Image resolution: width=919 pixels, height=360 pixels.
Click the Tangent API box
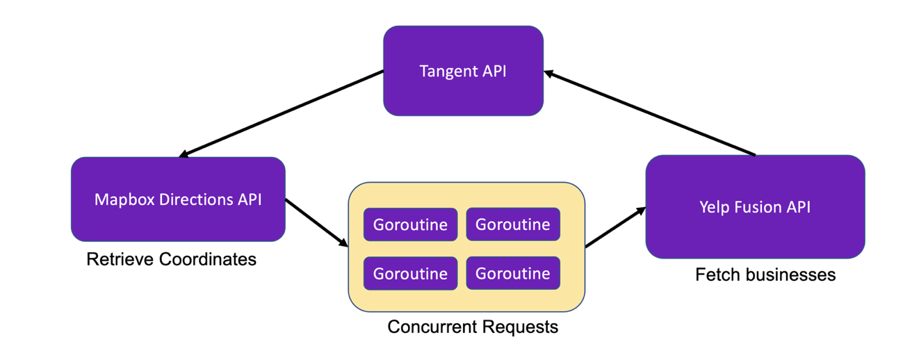pyautogui.click(x=463, y=71)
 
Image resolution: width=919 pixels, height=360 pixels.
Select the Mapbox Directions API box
pyautogui.click(x=178, y=199)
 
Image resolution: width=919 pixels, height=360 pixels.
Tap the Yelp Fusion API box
pyautogui.click(x=755, y=206)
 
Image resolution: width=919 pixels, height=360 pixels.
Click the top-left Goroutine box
pyautogui.click(x=410, y=224)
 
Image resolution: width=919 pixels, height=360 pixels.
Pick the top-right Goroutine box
pyautogui.click(x=512, y=224)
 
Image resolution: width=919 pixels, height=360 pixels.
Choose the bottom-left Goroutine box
pyautogui.click(x=410, y=273)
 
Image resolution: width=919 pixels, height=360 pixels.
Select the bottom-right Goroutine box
pyautogui.click(x=512, y=273)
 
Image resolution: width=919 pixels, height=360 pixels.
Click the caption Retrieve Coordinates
pyautogui.click(x=171, y=259)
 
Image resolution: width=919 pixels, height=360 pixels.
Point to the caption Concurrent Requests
pyautogui.click(x=473, y=326)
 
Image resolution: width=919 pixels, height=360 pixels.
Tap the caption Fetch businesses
pyautogui.click(x=765, y=275)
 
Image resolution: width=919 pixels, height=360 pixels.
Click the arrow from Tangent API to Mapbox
pyautogui.click(x=282, y=113)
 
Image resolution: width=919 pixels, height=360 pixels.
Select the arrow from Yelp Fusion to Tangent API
pyautogui.click(x=650, y=113)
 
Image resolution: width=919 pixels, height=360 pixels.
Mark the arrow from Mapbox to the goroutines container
pyautogui.click(x=316, y=222)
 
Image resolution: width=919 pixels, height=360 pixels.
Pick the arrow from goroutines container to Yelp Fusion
pyautogui.click(x=614, y=227)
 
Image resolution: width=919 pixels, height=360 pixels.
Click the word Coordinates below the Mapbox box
pyautogui.click(x=208, y=259)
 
